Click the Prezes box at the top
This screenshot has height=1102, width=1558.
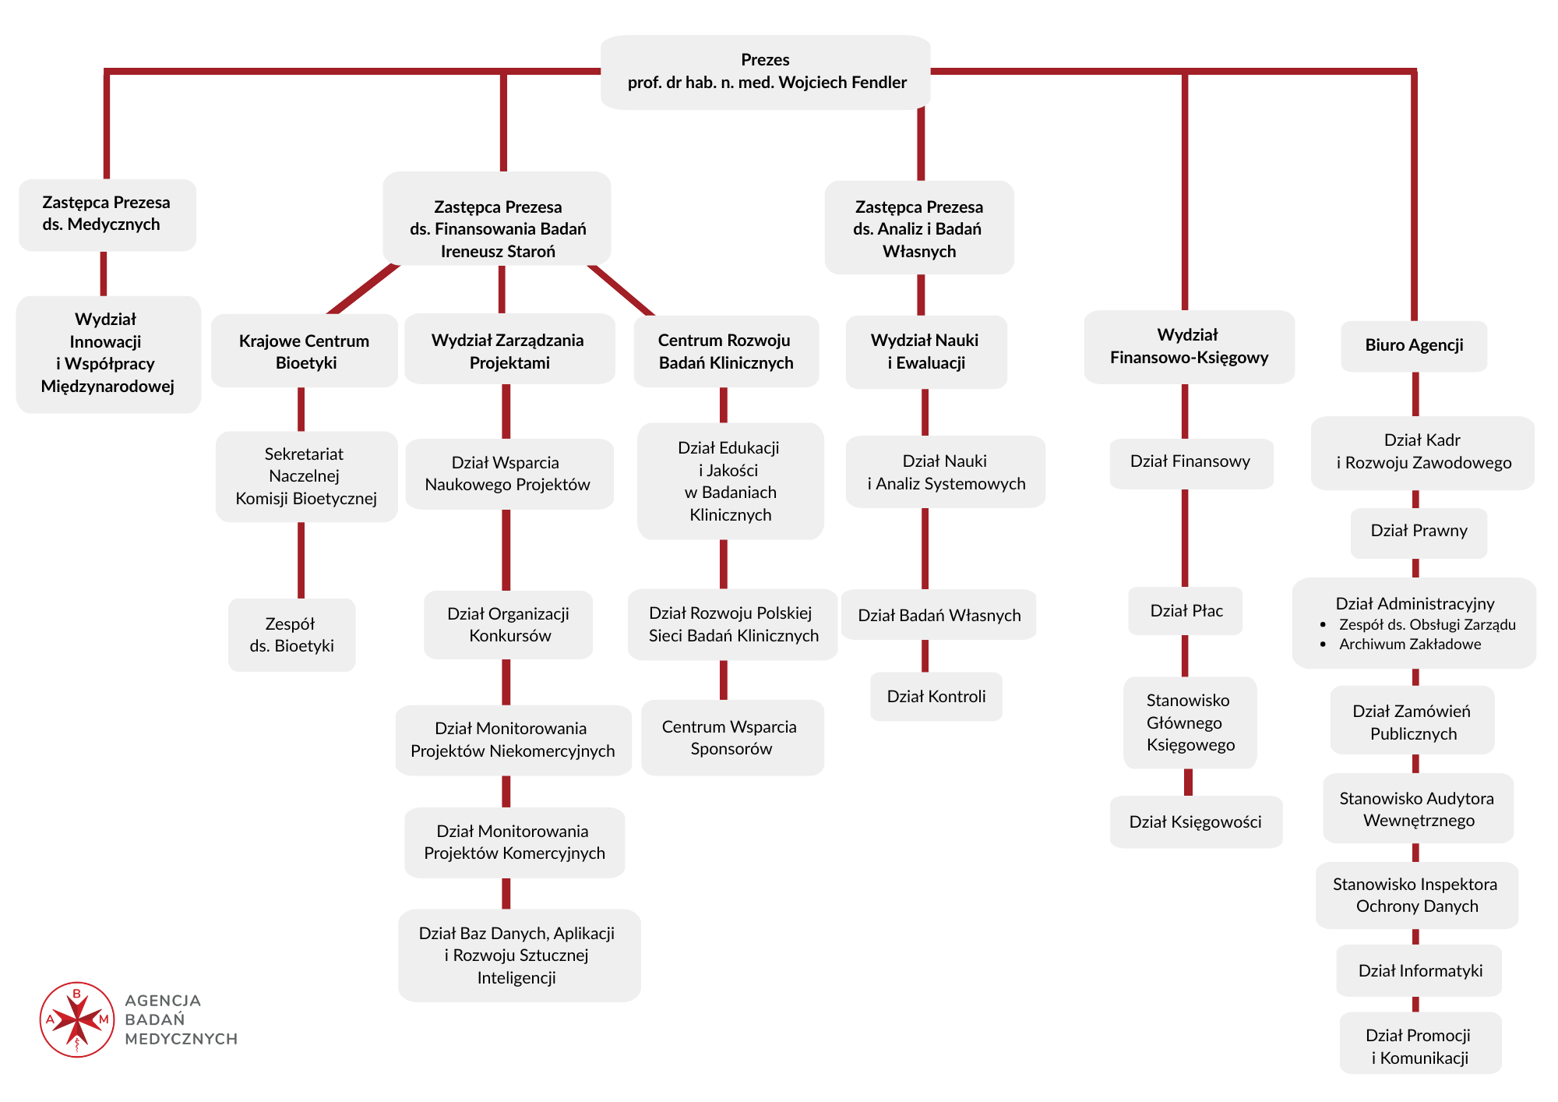click(766, 72)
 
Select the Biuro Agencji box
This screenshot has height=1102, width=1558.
click(1414, 346)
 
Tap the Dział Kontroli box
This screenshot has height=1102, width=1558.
click(936, 697)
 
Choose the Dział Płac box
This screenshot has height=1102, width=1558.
click(1186, 611)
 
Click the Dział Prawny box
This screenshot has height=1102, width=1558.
click(1419, 533)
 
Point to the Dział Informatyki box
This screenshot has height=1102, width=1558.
click(1419, 970)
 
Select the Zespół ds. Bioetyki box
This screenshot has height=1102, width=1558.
click(292, 635)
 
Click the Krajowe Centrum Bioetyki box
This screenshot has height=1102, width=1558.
click(305, 351)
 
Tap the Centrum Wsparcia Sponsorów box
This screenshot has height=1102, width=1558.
click(732, 737)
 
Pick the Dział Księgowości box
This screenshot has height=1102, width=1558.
click(1196, 821)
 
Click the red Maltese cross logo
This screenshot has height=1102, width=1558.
click(77, 1019)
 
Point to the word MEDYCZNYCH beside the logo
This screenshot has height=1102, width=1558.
click(182, 1039)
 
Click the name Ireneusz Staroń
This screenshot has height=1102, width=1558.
click(498, 251)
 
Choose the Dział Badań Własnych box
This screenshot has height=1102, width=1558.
click(939, 615)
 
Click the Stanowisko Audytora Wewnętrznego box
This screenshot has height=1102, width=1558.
click(1419, 808)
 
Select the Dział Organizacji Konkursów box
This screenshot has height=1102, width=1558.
click(508, 625)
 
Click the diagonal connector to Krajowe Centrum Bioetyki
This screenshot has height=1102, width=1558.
click(364, 289)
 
